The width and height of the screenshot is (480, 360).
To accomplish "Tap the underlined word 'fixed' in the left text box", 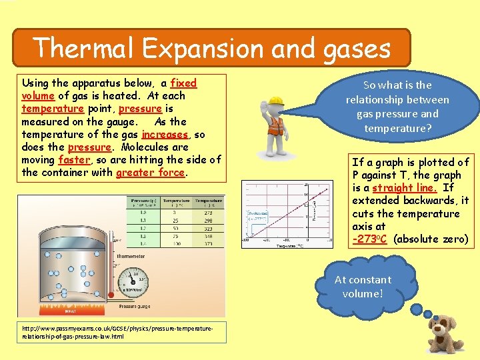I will click(183, 83).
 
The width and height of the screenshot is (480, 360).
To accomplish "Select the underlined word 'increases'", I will click(166, 134).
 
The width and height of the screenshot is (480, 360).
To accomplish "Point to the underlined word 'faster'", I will click(73, 160).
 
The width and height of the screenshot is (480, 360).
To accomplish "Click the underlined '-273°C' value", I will click(370, 239).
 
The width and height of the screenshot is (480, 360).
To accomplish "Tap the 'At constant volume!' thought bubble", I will click(364, 287).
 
